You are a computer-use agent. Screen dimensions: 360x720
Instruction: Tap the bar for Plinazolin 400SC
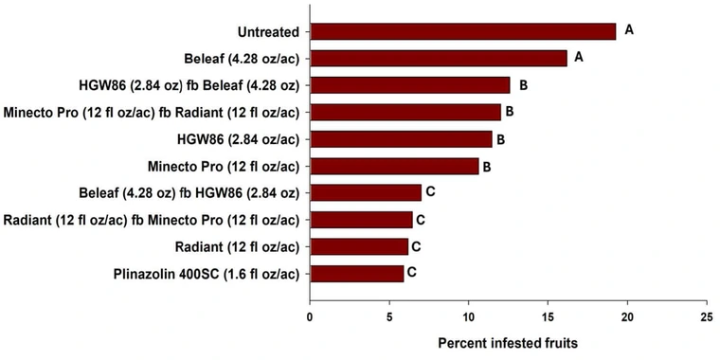pos(356,274)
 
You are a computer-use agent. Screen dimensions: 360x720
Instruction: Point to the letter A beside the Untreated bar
pos(629,30)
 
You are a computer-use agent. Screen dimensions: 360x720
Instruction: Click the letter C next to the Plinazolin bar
pos(412,273)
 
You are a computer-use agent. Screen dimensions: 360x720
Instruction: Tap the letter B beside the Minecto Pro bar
pos(487,166)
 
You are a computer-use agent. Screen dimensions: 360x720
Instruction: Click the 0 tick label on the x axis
pos(310,316)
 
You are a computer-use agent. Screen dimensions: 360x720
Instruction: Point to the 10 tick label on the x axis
pos(468,316)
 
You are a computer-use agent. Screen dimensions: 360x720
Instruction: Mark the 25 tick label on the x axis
pos(705,316)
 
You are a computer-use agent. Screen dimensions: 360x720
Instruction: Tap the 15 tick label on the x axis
pos(547,316)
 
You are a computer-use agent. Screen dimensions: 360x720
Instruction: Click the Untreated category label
pos(268,31)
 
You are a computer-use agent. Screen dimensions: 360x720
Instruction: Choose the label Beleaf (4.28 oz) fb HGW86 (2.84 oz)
pos(189,193)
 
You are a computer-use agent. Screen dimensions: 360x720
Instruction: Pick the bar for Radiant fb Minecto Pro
pos(361,220)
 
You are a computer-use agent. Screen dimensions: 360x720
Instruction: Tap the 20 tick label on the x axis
pos(626,316)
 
